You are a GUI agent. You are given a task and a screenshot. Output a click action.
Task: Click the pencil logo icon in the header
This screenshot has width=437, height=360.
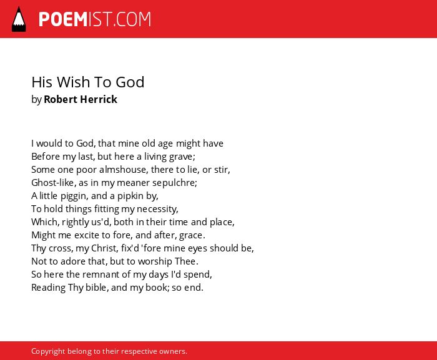(19, 19)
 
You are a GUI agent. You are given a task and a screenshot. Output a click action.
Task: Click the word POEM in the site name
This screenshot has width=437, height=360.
(63, 19)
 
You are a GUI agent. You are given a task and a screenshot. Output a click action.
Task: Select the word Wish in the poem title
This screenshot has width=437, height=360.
(74, 82)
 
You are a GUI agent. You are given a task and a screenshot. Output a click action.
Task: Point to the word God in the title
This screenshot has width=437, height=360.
(130, 82)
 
